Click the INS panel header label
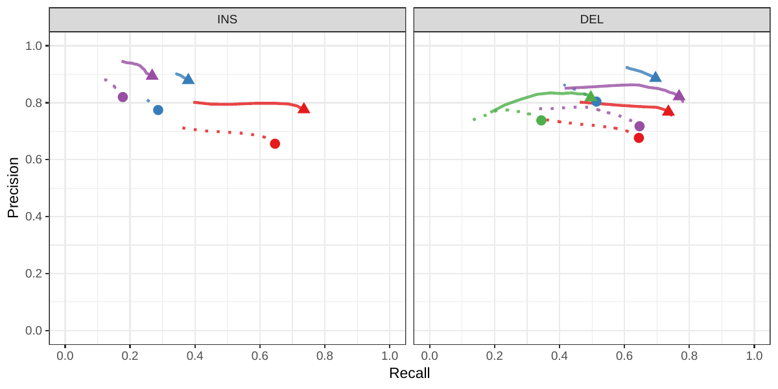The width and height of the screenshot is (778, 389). click(227, 19)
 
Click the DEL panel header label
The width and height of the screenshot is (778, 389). click(591, 19)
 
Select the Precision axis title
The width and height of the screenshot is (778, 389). click(13, 187)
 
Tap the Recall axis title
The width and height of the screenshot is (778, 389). click(409, 373)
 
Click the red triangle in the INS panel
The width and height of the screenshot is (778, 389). click(303, 108)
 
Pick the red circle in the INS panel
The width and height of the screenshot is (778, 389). click(275, 144)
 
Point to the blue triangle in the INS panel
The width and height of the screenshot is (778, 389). click(188, 79)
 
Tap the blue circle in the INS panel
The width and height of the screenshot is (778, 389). click(158, 110)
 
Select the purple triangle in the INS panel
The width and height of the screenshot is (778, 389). click(152, 75)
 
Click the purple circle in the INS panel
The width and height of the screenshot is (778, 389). click(123, 97)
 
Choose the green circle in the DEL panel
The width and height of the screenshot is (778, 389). click(541, 121)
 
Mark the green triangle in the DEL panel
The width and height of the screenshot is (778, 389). click(590, 97)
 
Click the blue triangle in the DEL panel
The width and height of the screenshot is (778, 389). click(655, 77)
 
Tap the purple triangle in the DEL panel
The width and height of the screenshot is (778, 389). click(679, 95)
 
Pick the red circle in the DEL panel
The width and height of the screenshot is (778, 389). click(639, 138)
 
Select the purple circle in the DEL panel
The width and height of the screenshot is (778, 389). click(639, 126)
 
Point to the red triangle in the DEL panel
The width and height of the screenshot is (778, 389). click(668, 111)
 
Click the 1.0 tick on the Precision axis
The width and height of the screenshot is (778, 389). click(34, 46)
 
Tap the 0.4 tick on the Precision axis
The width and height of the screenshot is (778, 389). click(34, 217)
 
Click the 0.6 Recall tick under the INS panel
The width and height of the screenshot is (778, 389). click(260, 356)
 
